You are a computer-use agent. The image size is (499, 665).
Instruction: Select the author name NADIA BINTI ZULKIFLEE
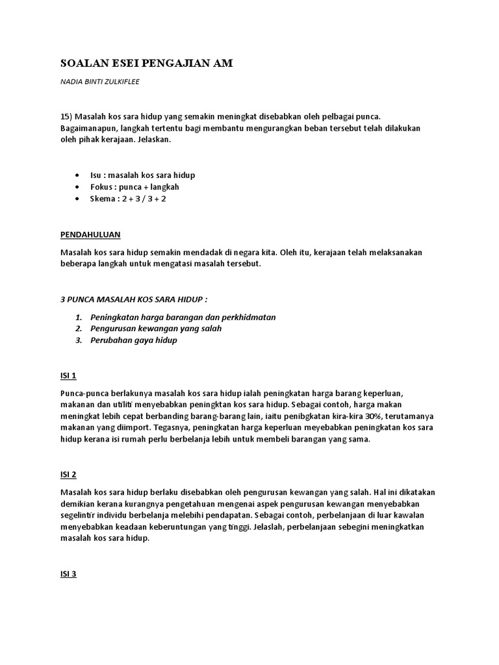99,83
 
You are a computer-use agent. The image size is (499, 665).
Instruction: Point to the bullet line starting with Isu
142,175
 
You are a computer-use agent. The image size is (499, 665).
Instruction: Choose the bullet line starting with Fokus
134,186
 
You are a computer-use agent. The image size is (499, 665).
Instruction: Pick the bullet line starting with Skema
128,198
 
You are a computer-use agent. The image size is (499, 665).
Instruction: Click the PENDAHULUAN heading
90,234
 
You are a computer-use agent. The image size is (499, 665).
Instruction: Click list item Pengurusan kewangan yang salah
156,329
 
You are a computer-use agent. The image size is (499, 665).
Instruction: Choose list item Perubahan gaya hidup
134,340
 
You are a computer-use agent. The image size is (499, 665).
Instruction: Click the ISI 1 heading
68,376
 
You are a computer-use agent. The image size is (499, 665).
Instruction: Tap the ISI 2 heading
68,475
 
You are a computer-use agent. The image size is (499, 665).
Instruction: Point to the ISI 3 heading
68,574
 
